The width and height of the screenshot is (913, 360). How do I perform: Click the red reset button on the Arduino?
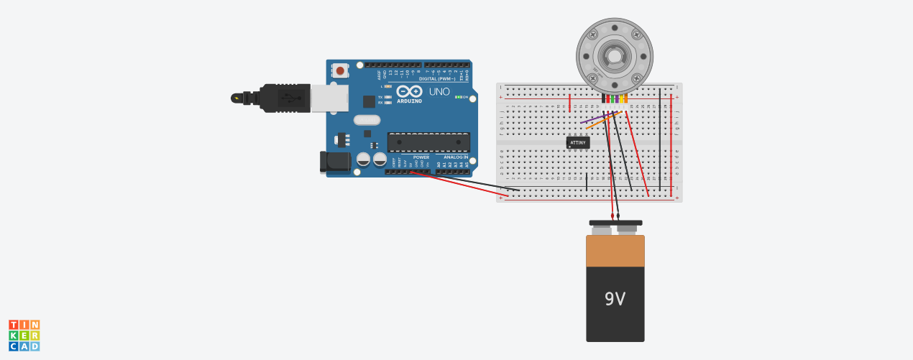click(339, 70)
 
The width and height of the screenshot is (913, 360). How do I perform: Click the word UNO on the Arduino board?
click(439, 92)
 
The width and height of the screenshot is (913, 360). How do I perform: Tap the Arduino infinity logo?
click(409, 92)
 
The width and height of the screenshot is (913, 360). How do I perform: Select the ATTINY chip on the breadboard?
click(578, 142)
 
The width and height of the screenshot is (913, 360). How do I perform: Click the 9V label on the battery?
click(615, 299)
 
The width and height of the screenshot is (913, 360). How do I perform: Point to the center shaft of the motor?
click(615, 55)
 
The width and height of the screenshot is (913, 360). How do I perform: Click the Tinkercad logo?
click(24, 336)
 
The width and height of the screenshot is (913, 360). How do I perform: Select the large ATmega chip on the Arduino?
click(428, 142)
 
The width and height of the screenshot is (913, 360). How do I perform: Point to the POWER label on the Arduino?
click(421, 157)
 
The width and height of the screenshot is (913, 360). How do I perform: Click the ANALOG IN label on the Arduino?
click(455, 157)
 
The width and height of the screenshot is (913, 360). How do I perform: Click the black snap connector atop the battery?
click(615, 223)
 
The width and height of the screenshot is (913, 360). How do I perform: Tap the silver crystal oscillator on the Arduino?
click(367, 120)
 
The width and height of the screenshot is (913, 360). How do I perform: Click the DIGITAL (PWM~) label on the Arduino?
click(439, 78)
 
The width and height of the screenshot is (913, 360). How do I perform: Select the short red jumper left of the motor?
click(570, 103)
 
